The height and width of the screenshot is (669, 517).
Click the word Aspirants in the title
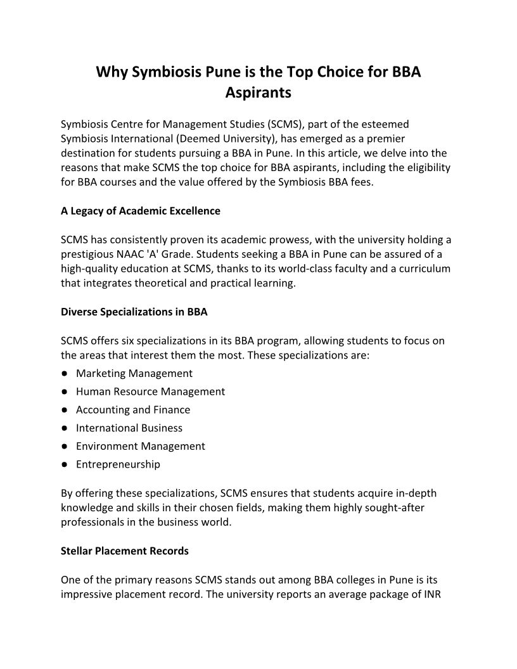(x=258, y=93)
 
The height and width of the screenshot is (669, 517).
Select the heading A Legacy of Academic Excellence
(x=141, y=211)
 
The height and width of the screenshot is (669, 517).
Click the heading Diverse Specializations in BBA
(x=134, y=312)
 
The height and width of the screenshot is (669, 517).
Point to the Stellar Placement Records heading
(x=125, y=551)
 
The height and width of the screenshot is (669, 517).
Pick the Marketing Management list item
(x=134, y=373)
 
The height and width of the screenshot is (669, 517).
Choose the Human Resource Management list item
(x=150, y=392)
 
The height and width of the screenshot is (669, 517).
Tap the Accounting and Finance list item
(x=133, y=409)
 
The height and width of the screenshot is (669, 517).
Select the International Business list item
(x=129, y=428)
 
